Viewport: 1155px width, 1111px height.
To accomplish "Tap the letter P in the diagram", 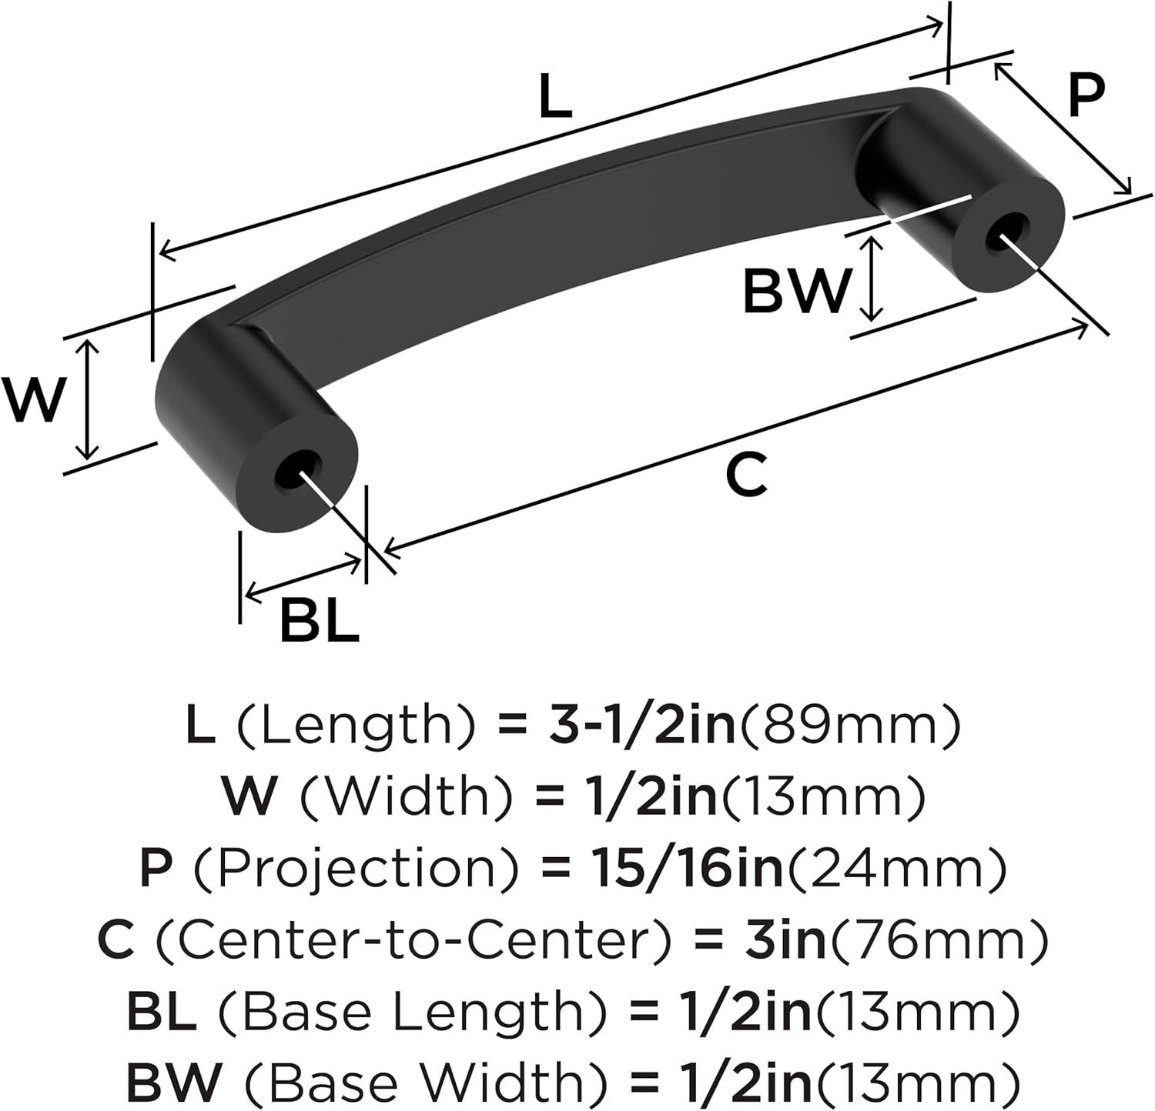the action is pos(1086,97).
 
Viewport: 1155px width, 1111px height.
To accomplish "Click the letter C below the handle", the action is pos(747,475).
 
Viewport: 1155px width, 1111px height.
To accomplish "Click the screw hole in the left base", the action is pos(296,470).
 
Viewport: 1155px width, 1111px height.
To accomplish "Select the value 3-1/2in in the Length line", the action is pos(642,726).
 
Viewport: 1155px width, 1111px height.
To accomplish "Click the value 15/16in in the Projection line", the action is pos(686,869).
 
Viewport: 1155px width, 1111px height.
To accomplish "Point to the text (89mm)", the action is pos(850,727).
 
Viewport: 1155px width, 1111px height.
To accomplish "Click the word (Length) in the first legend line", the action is pos(355,728).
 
